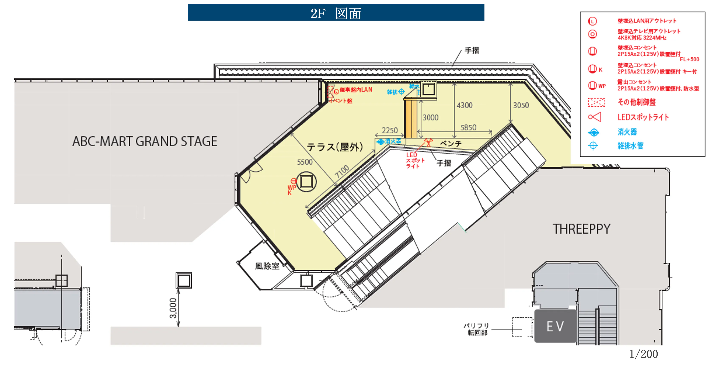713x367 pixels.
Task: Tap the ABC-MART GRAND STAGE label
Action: coord(145,141)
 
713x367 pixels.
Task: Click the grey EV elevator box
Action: coord(555,326)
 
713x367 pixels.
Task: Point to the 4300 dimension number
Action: coord(465,106)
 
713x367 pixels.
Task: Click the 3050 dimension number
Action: coord(521,106)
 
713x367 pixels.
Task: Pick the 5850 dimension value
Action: coord(468,128)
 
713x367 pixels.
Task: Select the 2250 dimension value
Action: coord(390,130)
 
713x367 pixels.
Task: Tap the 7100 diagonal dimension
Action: coord(342,172)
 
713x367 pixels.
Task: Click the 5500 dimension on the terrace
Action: coord(305,162)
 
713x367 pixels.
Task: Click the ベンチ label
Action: coord(451,144)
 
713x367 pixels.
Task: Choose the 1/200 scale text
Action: coord(644,354)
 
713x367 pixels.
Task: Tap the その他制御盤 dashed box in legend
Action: coord(597,102)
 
